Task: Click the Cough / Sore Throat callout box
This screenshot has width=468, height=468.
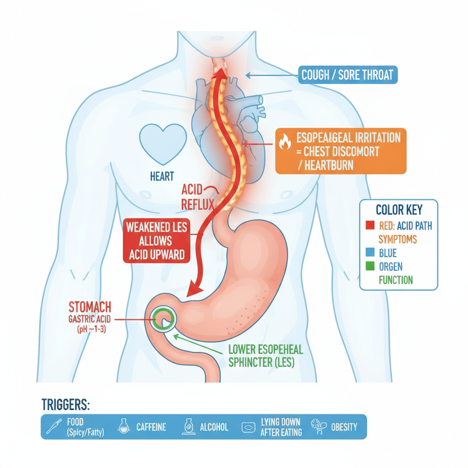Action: pyautogui.click(x=348, y=74)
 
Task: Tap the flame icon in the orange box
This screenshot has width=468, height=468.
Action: pyautogui.click(x=285, y=141)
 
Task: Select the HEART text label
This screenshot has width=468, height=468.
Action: pyautogui.click(x=162, y=176)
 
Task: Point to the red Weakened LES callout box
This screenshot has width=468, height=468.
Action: pyautogui.click(x=157, y=241)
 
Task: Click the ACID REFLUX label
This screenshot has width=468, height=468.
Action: pyautogui.click(x=197, y=197)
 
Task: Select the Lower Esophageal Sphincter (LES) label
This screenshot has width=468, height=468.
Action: pyautogui.click(x=266, y=356)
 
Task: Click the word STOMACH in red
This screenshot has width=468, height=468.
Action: pyautogui.click(x=90, y=307)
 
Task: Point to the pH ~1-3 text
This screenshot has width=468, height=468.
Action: pyautogui.click(x=91, y=329)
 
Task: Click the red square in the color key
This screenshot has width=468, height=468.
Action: pyautogui.click(x=370, y=225)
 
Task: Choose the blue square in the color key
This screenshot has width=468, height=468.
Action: pyautogui.click(x=370, y=252)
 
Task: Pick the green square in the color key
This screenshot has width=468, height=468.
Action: pyautogui.click(x=370, y=266)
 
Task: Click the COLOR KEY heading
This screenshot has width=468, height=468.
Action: pyautogui.click(x=399, y=210)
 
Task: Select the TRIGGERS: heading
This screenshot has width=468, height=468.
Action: pyautogui.click(x=66, y=405)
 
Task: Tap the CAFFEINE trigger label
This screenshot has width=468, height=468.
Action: pyautogui.click(x=151, y=427)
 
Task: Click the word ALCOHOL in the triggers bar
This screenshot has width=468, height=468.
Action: pyautogui.click(x=214, y=427)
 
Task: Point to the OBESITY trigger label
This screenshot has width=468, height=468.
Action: pyautogui.click(x=344, y=427)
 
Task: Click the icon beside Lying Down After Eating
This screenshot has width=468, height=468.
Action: pyautogui.click(x=248, y=427)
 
